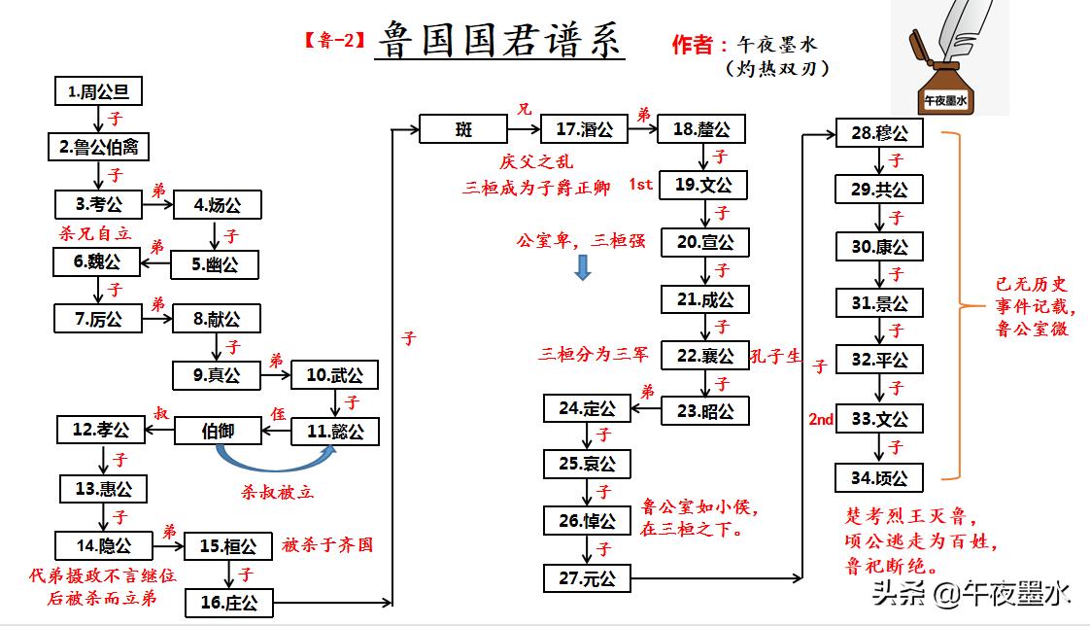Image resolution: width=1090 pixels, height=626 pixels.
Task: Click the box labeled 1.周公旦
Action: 98,92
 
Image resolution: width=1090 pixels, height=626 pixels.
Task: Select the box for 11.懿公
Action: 334,432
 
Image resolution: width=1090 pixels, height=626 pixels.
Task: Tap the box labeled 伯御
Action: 218,431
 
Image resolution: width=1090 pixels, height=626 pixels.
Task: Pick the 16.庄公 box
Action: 228,603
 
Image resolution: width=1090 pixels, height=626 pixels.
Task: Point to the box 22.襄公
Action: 704,355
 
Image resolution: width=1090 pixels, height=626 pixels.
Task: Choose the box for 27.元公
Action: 587,577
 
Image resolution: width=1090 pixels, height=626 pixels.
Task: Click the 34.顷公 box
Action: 878,477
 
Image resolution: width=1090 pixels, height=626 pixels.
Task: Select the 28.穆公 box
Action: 878,132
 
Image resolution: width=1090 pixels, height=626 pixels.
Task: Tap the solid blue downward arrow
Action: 583,268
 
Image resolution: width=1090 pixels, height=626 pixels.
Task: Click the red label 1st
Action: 640,185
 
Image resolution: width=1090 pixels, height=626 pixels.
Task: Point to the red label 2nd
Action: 821,419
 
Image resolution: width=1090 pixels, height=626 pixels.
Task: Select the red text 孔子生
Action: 776,357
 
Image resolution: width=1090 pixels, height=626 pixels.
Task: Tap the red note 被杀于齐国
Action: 327,544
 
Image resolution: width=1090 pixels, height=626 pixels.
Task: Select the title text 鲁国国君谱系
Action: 499,41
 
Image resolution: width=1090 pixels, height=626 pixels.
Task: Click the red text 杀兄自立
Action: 94,234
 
